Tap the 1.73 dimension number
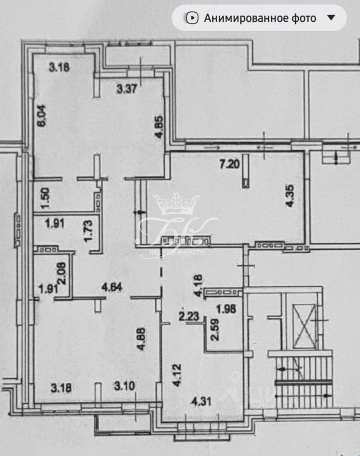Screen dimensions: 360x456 pos(88,231)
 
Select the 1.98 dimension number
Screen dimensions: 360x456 pos(226,310)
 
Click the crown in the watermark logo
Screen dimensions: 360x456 pos(176,205)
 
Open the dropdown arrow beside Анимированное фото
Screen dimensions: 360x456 pos(332,18)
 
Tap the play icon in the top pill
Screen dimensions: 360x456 pos(192,18)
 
